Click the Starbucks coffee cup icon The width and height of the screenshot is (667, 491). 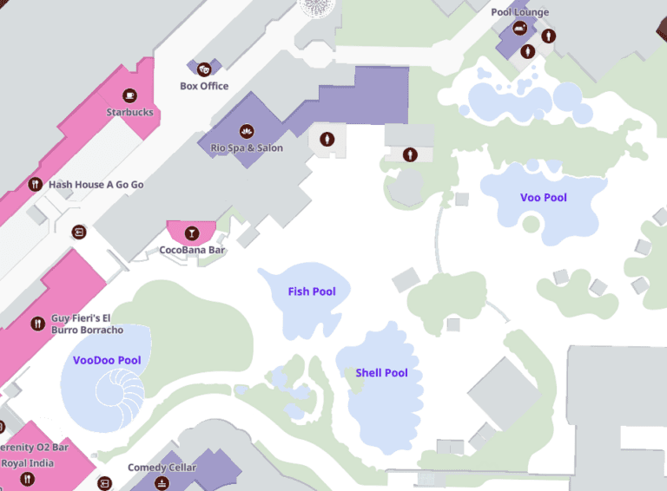point(130,95)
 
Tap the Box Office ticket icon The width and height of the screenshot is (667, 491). point(204,69)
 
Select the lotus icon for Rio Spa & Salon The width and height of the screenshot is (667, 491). point(247,131)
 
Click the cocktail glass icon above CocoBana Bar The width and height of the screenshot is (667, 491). point(191,232)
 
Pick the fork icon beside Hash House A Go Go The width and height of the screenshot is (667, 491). point(36,184)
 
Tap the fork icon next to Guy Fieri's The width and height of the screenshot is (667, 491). point(37,323)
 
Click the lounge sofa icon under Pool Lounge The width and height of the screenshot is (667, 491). point(519,29)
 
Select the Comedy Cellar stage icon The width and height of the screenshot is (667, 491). point(161,482)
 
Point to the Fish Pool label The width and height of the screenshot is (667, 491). point(312,291)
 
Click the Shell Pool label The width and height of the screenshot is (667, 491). point(381,373)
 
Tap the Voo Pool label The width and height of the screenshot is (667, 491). point(543,198)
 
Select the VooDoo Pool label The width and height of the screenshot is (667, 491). point(107,360)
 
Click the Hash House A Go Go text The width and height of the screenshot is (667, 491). point(96,185)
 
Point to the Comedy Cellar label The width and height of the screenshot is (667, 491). point(162,468)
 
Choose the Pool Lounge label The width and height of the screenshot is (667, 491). point(519,12)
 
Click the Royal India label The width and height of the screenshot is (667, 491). point(28,463)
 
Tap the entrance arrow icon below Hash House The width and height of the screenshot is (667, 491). point(79,232)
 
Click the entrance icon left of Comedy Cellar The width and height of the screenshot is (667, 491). point(105,482)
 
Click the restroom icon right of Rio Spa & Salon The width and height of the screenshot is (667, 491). point(327,139)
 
